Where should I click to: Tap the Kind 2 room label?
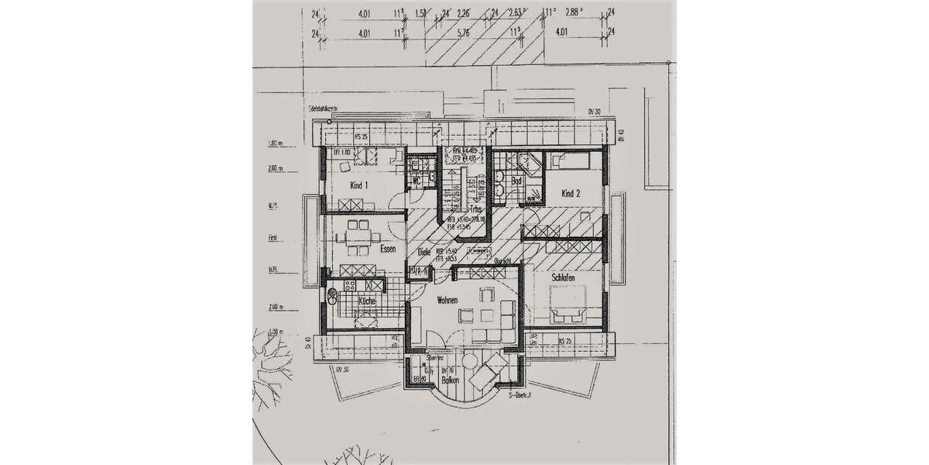click(x=571, y=194)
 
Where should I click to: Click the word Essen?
click(x=388, y=249)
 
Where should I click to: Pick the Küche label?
click(x=367, y=301)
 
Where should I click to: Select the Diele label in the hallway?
click(x=423, y=252)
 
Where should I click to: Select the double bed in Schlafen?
click(x=567, y=300)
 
